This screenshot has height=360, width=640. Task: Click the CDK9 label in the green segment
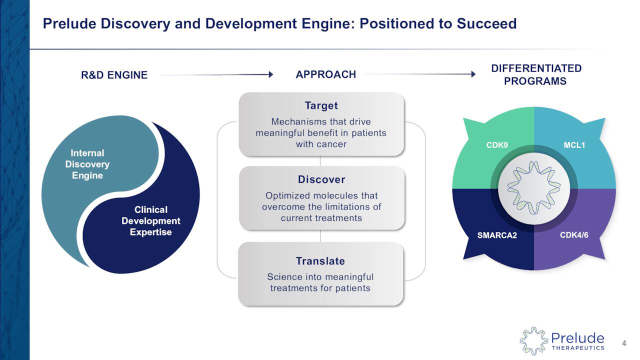click(x=497, y=145)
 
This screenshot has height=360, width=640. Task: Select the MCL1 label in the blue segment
click(x=574, y=145)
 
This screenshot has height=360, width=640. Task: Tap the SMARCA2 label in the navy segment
click(x=496, y=235)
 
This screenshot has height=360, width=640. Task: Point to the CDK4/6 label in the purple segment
click(x=574, y=235)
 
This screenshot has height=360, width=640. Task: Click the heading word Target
click(x=321, y=105)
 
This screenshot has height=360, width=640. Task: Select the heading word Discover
click(x=321, y=179)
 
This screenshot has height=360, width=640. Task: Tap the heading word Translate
click(x=320, y=261)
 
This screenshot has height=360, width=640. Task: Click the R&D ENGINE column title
click(x=114, y=75)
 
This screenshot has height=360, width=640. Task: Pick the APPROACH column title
click(x=325, y=74)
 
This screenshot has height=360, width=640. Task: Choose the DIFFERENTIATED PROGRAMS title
click(x=536, y=74)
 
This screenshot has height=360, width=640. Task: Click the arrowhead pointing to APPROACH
click(x=270, y=74)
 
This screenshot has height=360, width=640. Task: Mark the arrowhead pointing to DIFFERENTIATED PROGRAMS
click(x=472, y=74)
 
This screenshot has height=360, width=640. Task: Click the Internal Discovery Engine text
click(x=87, y=164)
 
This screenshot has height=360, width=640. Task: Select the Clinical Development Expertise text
click(x=150, y=220)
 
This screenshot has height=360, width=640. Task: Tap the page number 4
click(x=624, y=343)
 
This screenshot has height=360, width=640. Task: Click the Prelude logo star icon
click(x=533, y=341)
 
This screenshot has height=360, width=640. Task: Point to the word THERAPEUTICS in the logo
click(x=577, y=348)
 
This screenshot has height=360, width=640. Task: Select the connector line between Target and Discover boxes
click(x=320, y=161)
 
